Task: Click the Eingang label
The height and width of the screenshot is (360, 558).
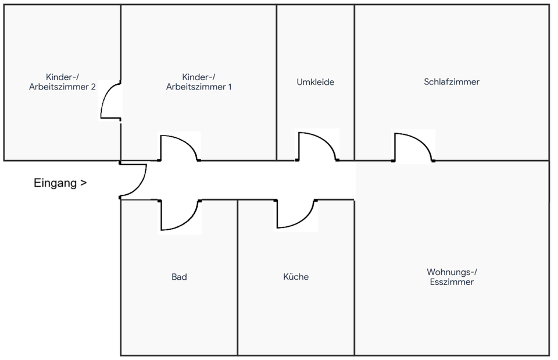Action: coord(55,183)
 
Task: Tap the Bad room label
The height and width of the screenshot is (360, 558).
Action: coord(179,277)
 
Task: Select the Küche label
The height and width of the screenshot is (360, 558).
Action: coord(296,277)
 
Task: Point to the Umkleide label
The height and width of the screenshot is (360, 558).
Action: coord(315,82)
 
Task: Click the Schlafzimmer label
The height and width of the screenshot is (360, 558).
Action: coord(452,82)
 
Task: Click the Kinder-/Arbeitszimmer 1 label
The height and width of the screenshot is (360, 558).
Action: coord(199,82)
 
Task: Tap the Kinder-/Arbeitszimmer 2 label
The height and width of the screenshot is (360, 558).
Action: coord(62,82)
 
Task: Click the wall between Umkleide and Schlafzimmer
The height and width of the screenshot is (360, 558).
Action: coord(355,82)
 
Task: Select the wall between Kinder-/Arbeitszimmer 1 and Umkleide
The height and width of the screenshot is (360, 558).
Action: coord(276,82)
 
